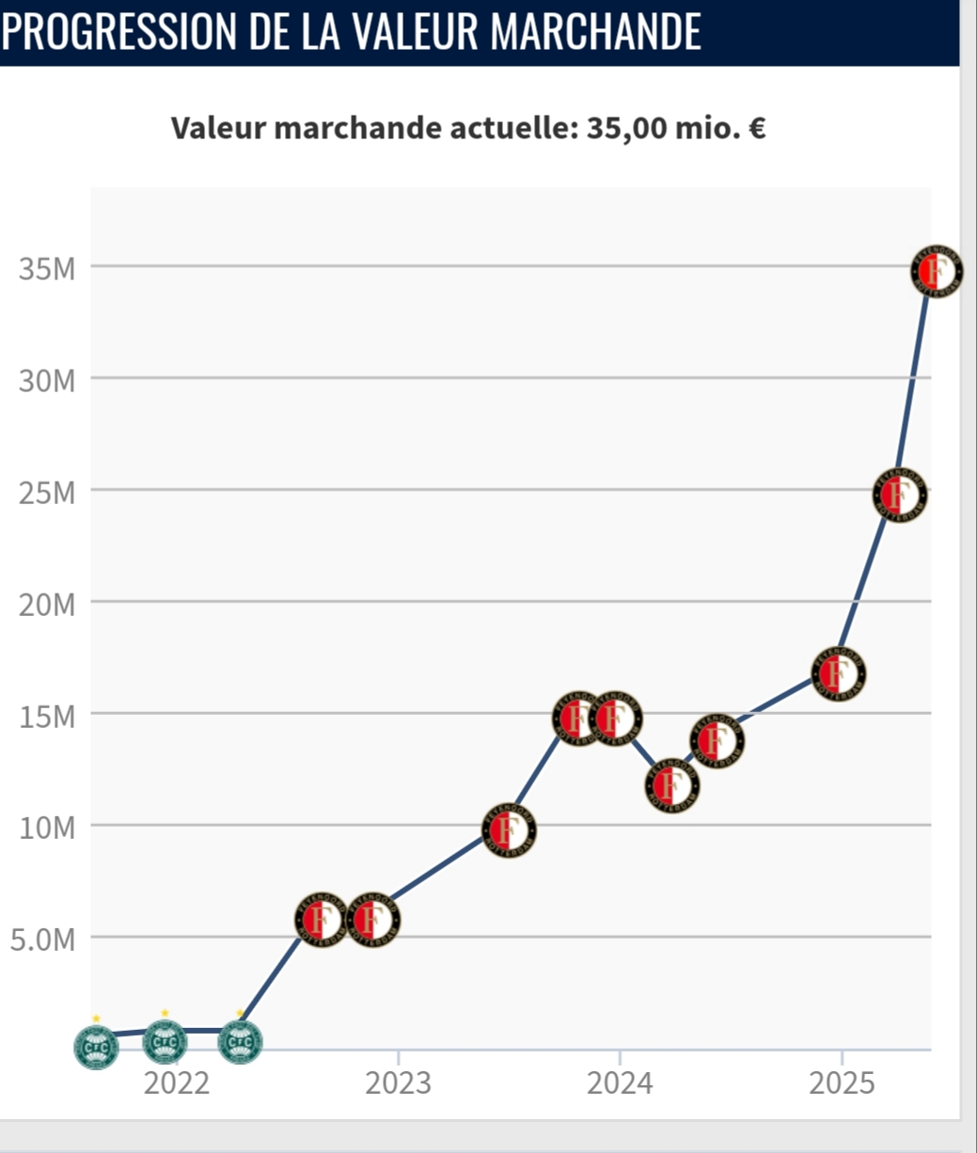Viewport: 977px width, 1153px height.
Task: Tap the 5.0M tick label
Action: point(42,940)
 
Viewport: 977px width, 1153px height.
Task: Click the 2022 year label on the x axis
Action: point(176,1083)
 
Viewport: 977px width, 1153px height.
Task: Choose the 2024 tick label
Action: point(620,1083)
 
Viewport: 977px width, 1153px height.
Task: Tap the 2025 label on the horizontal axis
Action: point(842,1083)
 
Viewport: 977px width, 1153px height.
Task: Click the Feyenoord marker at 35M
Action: point(936,271)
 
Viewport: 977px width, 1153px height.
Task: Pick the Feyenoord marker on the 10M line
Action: point(509,830)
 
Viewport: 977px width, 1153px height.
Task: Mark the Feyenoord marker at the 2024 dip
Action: point(671,784)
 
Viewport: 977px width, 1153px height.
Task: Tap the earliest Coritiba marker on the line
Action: point(97,1046)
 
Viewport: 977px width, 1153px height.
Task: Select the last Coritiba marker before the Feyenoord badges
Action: point(240,1042)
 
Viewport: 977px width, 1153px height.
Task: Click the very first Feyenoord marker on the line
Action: point(322,919)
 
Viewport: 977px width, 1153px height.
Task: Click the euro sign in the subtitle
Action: point(756,127)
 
